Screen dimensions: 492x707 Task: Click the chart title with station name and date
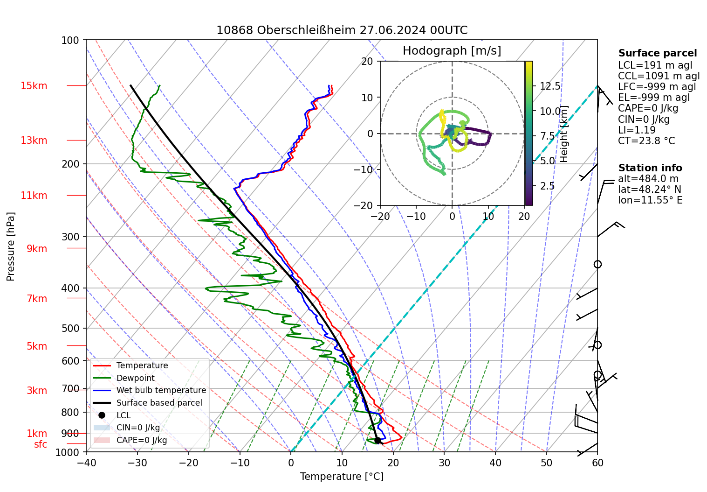pyautogui.click(x=342, y=30)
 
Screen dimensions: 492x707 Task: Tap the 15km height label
pyautogui.click(x=34, y=86)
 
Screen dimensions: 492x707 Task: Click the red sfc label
pyautogui.click(x=41, y=444)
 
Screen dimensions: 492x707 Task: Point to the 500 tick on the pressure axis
pyautogui.click(x=71, y=329)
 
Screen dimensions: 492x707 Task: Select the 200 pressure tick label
pyautogui.click(x=71, y=164)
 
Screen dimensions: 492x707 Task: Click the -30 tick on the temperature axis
pyautogui.click(x=137, y=463)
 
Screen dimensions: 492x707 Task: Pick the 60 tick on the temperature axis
pyautogui.click(x=597, y=463)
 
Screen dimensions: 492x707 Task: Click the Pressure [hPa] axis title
pyautogui.click(x=11, y=246)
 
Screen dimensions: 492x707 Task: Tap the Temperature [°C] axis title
pyautogui.click(x=342, y=477)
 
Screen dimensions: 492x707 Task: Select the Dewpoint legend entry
pyautogui.click(x=135, y=378)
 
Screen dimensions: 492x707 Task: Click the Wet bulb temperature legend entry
pyautogui.click(x=161, y=390)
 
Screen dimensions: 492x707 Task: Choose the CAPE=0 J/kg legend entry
pyautogui.click(x=141, y=440)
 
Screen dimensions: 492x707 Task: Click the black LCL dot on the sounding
pyautogui.click(x=378, y=440)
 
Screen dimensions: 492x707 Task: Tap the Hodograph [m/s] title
pyautogui.click(x=452, y=51)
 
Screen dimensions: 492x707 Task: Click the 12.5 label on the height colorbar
pyautogui.click(x=550, y=86)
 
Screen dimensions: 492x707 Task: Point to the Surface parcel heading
pyautogui.click(x=657, y=53)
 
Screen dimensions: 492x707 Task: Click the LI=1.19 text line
pyautogui.click(x=637, y=130)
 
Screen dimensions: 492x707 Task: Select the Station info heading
pyautogui.click(x=650, y=168)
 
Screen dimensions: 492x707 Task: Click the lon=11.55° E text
pyautogui.click(x=650, y=200)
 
